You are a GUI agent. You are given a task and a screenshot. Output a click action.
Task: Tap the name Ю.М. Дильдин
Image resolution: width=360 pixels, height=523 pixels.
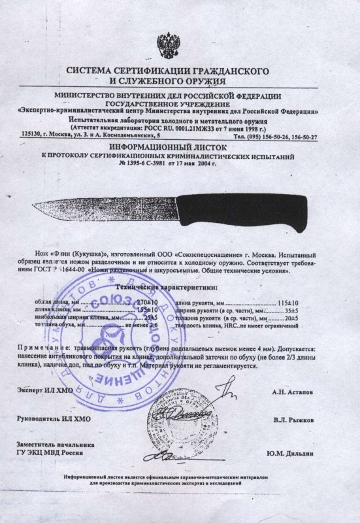click(x=290, y=452)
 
